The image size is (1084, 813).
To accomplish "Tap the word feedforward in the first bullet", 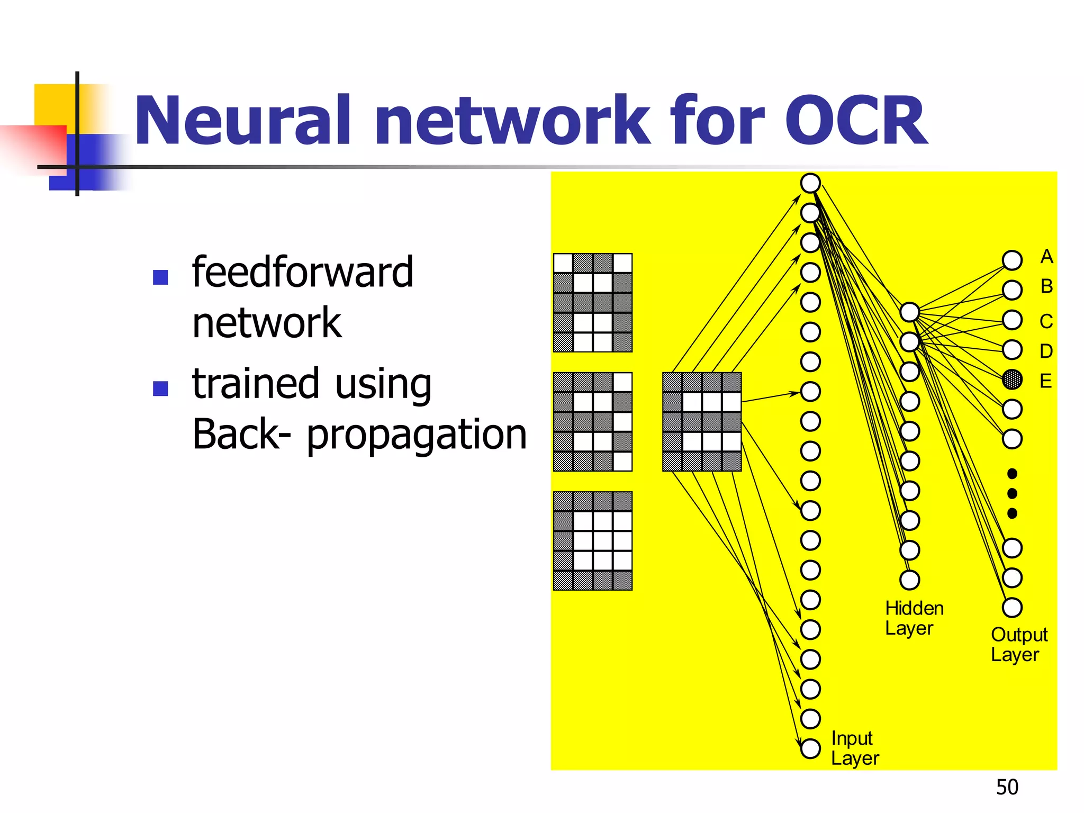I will [x=302, y=272].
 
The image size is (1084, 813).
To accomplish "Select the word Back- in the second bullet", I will [x=241, y=435].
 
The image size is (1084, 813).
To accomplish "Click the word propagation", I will [x=417, y=435].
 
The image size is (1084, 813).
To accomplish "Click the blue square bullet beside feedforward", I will [x=160, y=277].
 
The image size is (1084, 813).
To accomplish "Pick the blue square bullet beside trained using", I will [x=160, y=389].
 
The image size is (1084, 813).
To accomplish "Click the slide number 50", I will [x=1007, y=787].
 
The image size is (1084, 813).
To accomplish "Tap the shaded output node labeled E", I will [x=1012, y=380].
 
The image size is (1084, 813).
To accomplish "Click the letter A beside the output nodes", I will [x=1046, y=257].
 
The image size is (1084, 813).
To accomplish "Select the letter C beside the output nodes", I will [x=1046, y=321].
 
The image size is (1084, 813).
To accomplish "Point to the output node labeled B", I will [x=1012, y=290].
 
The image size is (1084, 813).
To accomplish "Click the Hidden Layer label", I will [x=914, y=618].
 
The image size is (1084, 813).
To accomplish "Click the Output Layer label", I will [x=1018, y=645].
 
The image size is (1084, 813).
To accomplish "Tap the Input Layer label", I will [x=854, y=748].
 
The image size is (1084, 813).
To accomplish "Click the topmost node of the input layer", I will [x=810, y=183].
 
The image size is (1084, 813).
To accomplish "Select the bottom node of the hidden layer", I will [x=909, y=580].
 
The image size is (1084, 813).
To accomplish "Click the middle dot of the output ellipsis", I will [x=1012, y=493].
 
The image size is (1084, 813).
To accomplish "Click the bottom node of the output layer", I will [x=1012, y=608].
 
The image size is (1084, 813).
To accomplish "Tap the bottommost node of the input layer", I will [x=810, y=748].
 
